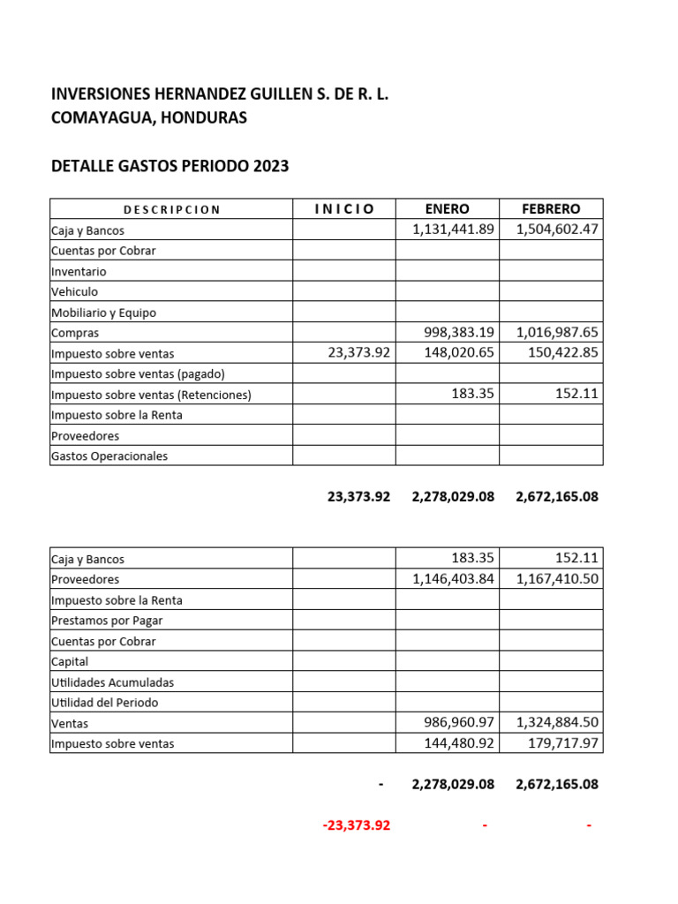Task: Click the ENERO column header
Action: click(447, 209)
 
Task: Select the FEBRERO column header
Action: click(551, 209)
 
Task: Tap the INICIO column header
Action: click(344, 209)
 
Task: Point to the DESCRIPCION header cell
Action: click(171, 210)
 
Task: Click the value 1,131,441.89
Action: click(453, 230)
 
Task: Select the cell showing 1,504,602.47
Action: click(557, 230)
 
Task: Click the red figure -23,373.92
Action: click(356, 825)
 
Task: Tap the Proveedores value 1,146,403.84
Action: click(453, 579)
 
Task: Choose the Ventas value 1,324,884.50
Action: click(557, 723)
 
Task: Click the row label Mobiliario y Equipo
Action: click(103, 313)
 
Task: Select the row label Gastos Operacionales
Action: click(109, 456)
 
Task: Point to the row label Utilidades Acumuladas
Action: click(112, 682)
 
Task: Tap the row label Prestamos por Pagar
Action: click(107, 621)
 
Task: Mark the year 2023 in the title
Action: click(270, 166)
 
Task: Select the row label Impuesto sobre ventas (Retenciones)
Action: click(151, 395)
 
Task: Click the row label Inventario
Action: click(79, 272)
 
